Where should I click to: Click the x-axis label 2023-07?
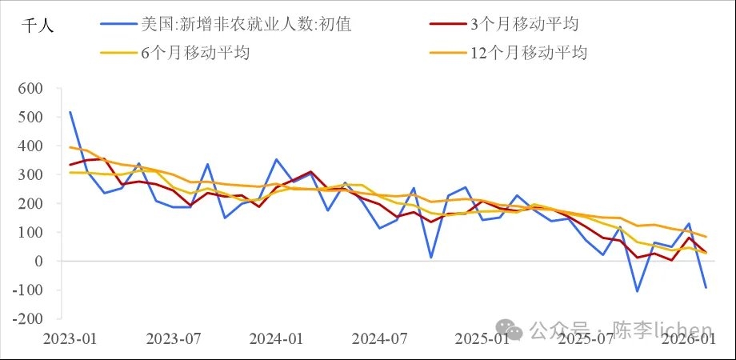174,338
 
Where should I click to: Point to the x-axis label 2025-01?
482,338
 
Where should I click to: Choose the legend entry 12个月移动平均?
529,54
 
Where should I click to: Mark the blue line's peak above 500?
70,112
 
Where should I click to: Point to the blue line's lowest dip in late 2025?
638,291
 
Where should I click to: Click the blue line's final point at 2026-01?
706,287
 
